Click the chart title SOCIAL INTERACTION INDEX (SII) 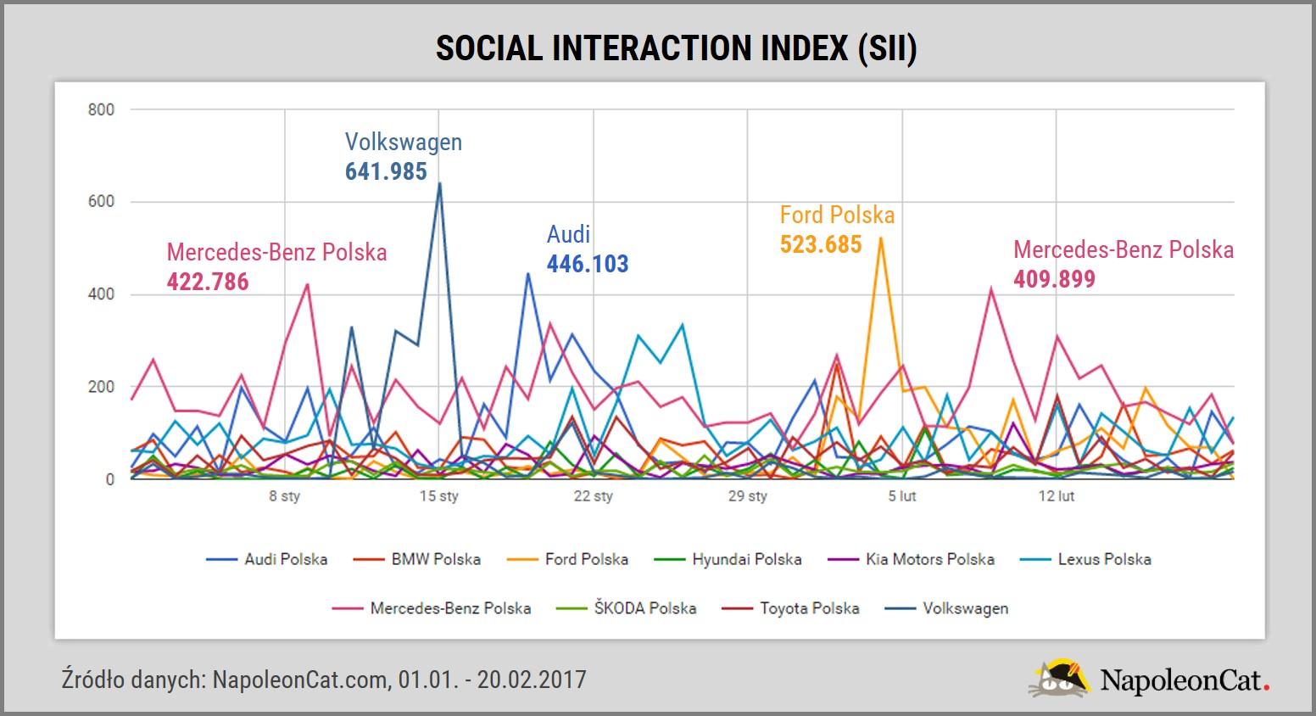click(x=676, y=48)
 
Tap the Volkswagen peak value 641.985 click(x=386, y=172)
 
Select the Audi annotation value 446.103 click(x=588, y=264)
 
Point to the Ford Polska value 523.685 click(x=821, y=245)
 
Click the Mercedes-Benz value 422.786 click(x=208, y=281)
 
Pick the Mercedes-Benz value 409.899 click(x=1054, y=278)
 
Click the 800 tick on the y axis click(x=100, y=109)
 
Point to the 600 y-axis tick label click(x=100, y=202)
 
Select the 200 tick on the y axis click(x=100, y=387)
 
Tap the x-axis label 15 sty click(x=439, y=496)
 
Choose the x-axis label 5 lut click(x=902, y=496)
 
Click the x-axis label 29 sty click(x=748, y=496)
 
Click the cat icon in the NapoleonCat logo click(x=1060, y=679)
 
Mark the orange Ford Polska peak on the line click(x=881, y=238)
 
